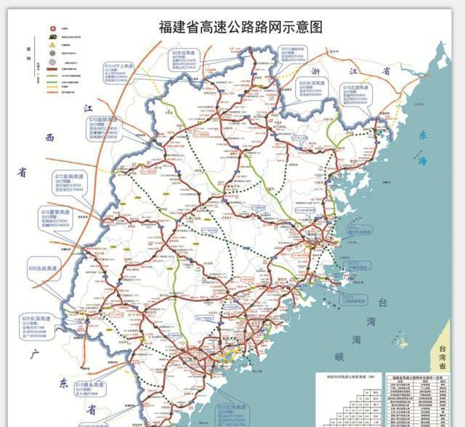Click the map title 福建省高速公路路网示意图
click(x=240, y=28)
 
